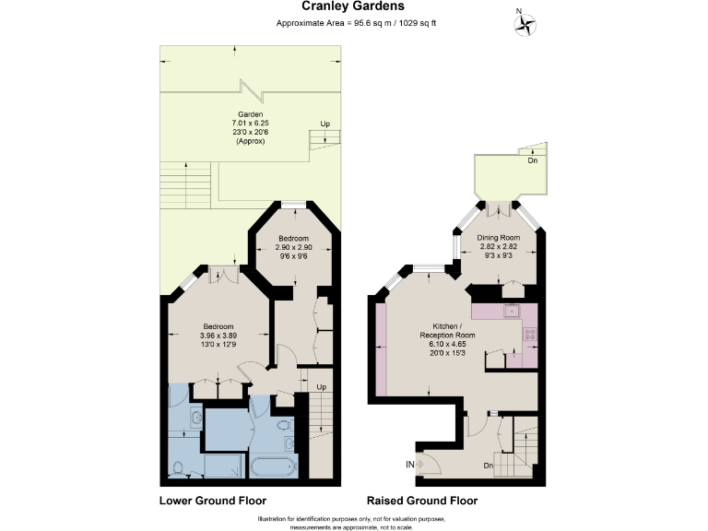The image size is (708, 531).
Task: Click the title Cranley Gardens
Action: click(354, 6)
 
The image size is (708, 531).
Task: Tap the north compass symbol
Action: click(524, 25)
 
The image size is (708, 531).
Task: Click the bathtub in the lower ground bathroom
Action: click(270, 466)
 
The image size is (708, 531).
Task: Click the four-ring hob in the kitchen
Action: click(529, 335)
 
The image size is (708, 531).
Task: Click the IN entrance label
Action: click(408, 464)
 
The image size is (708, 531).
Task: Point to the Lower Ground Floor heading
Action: click(213, 501)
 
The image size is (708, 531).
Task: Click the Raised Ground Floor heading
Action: click(422, 501)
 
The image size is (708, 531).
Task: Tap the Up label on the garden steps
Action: click(324, 124)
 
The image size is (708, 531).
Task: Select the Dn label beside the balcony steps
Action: click(532, 160)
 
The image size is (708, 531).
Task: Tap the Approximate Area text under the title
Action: click(354, 22)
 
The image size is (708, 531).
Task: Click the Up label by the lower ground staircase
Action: click(321, 386)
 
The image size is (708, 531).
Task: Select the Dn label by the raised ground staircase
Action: click(489, 466)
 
